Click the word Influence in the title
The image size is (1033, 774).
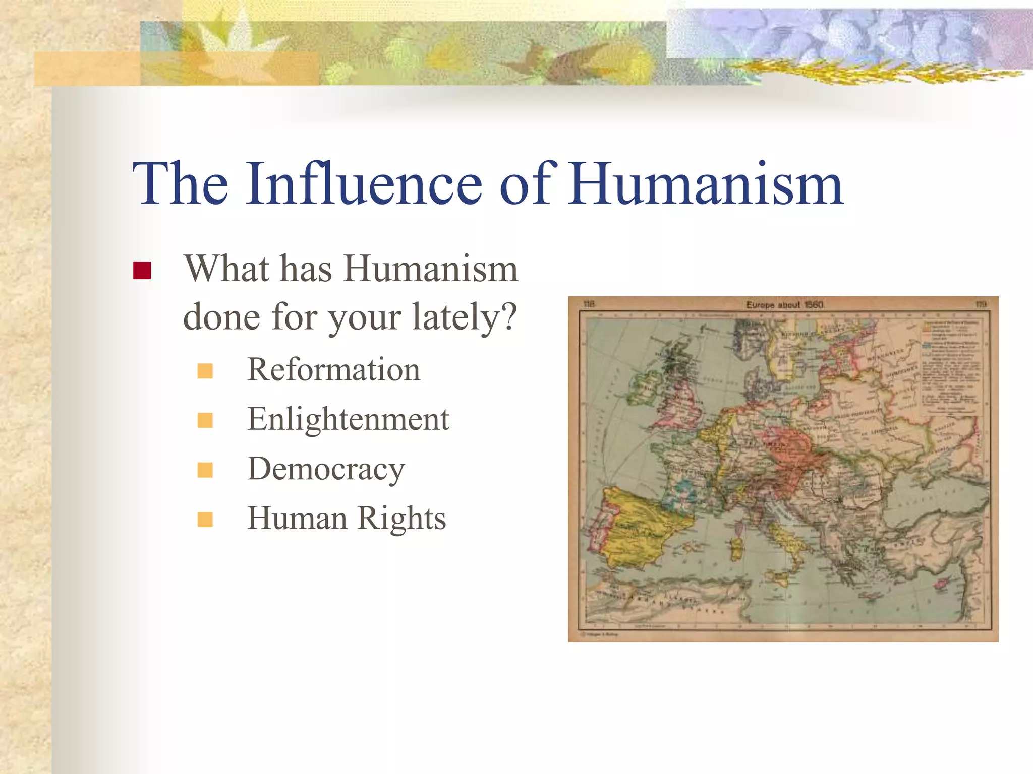pyautogui.click(x=364, y=183)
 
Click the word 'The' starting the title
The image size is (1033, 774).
pyautogui.click(x=180, y=183)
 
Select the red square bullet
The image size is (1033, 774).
pyautogui.click(x=142, y=271)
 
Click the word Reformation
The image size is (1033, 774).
pyautogui.click(x=333, y=369)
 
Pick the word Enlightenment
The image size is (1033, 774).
pyautogui.click(x=348, y=419)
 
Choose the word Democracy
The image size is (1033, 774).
pyautogui.click(x=326, y=469)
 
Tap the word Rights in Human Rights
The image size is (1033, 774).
pyautogui.click(x=402, y=518)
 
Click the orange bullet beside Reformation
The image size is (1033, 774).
pyautogui.click(x=205, y=371)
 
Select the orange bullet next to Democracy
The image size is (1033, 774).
pyautogui.click(x=205, y=470)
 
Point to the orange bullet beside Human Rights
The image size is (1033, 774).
pyautogui.click(x=205, y=520)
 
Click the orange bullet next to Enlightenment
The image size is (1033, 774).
pyautogui.click(x=205, y=420)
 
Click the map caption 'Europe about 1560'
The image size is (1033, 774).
pyautogui.click(x=784, y=305)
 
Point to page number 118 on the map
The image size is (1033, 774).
pyautogui.click(x=589, y=304)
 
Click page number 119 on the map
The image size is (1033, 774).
pyautogui.click(x=980, y=304)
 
